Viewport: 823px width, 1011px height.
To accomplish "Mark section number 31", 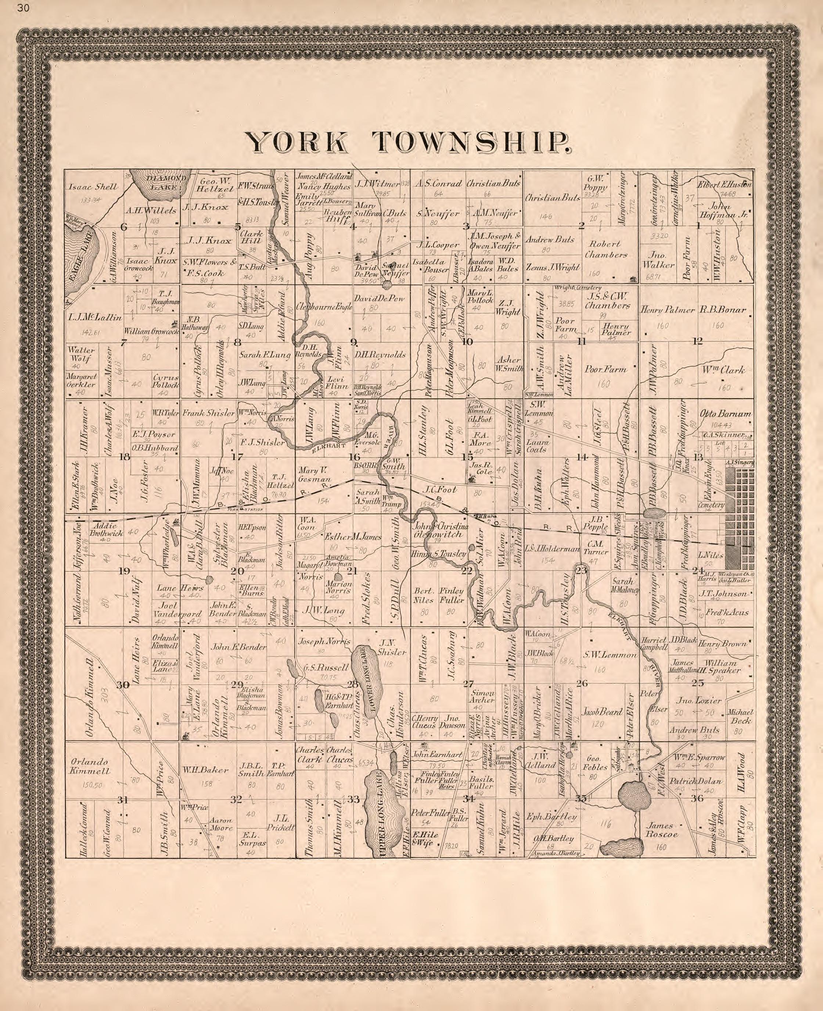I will (123, 799).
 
